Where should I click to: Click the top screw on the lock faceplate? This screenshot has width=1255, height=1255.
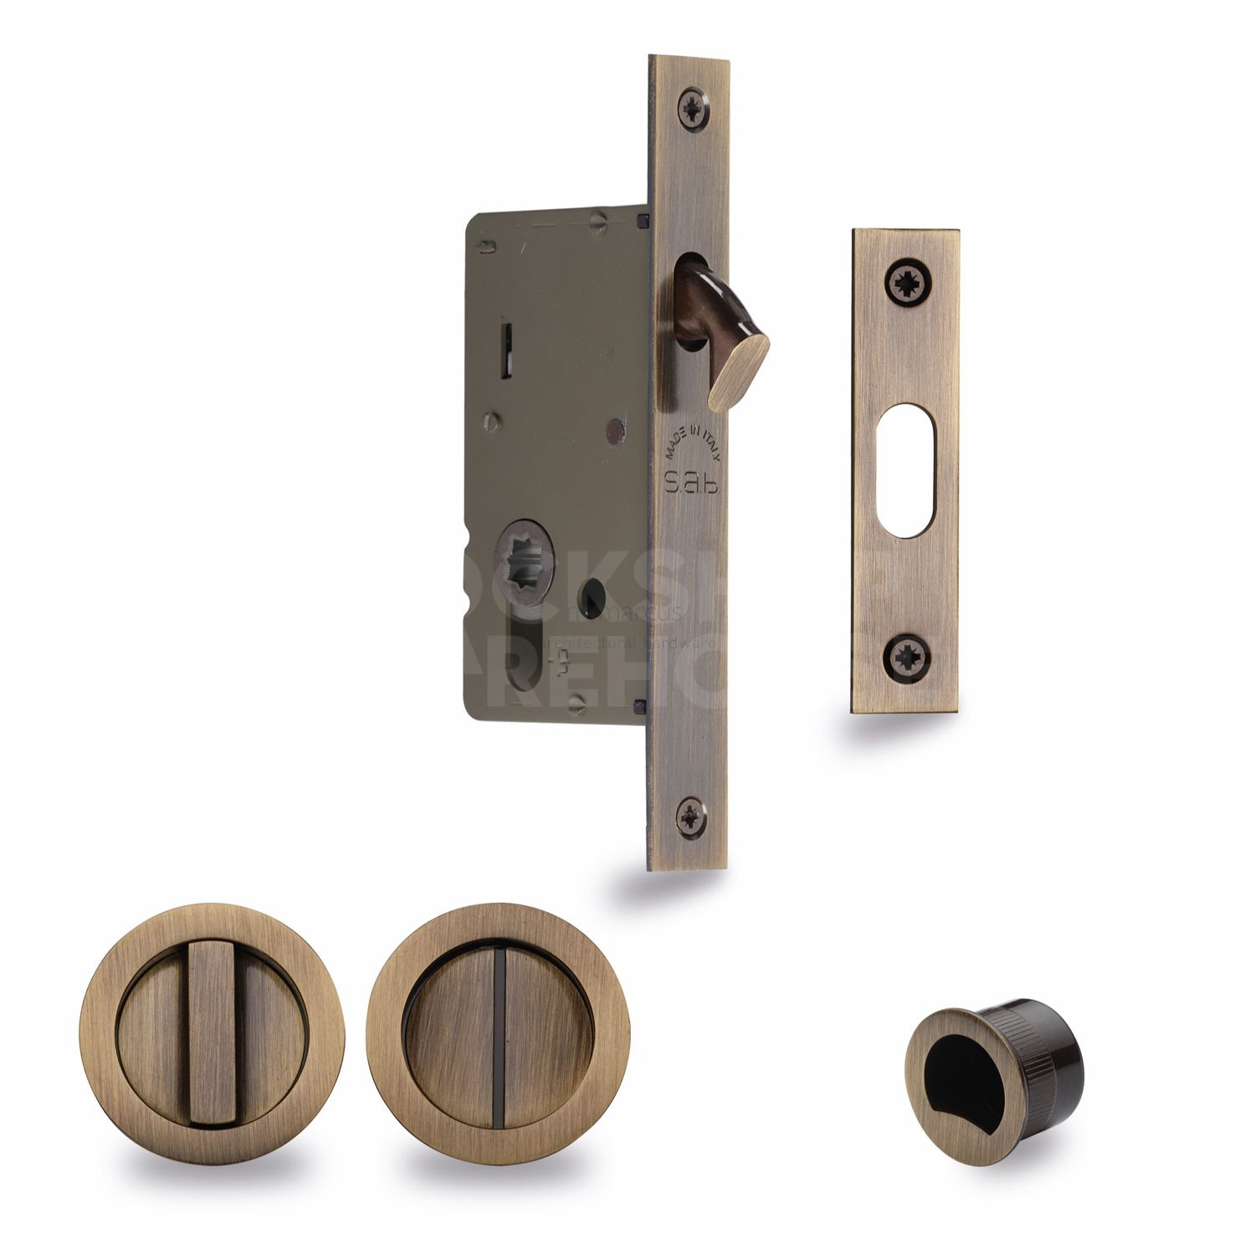point(693,110)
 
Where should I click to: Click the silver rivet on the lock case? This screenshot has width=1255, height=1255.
point(617,430)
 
